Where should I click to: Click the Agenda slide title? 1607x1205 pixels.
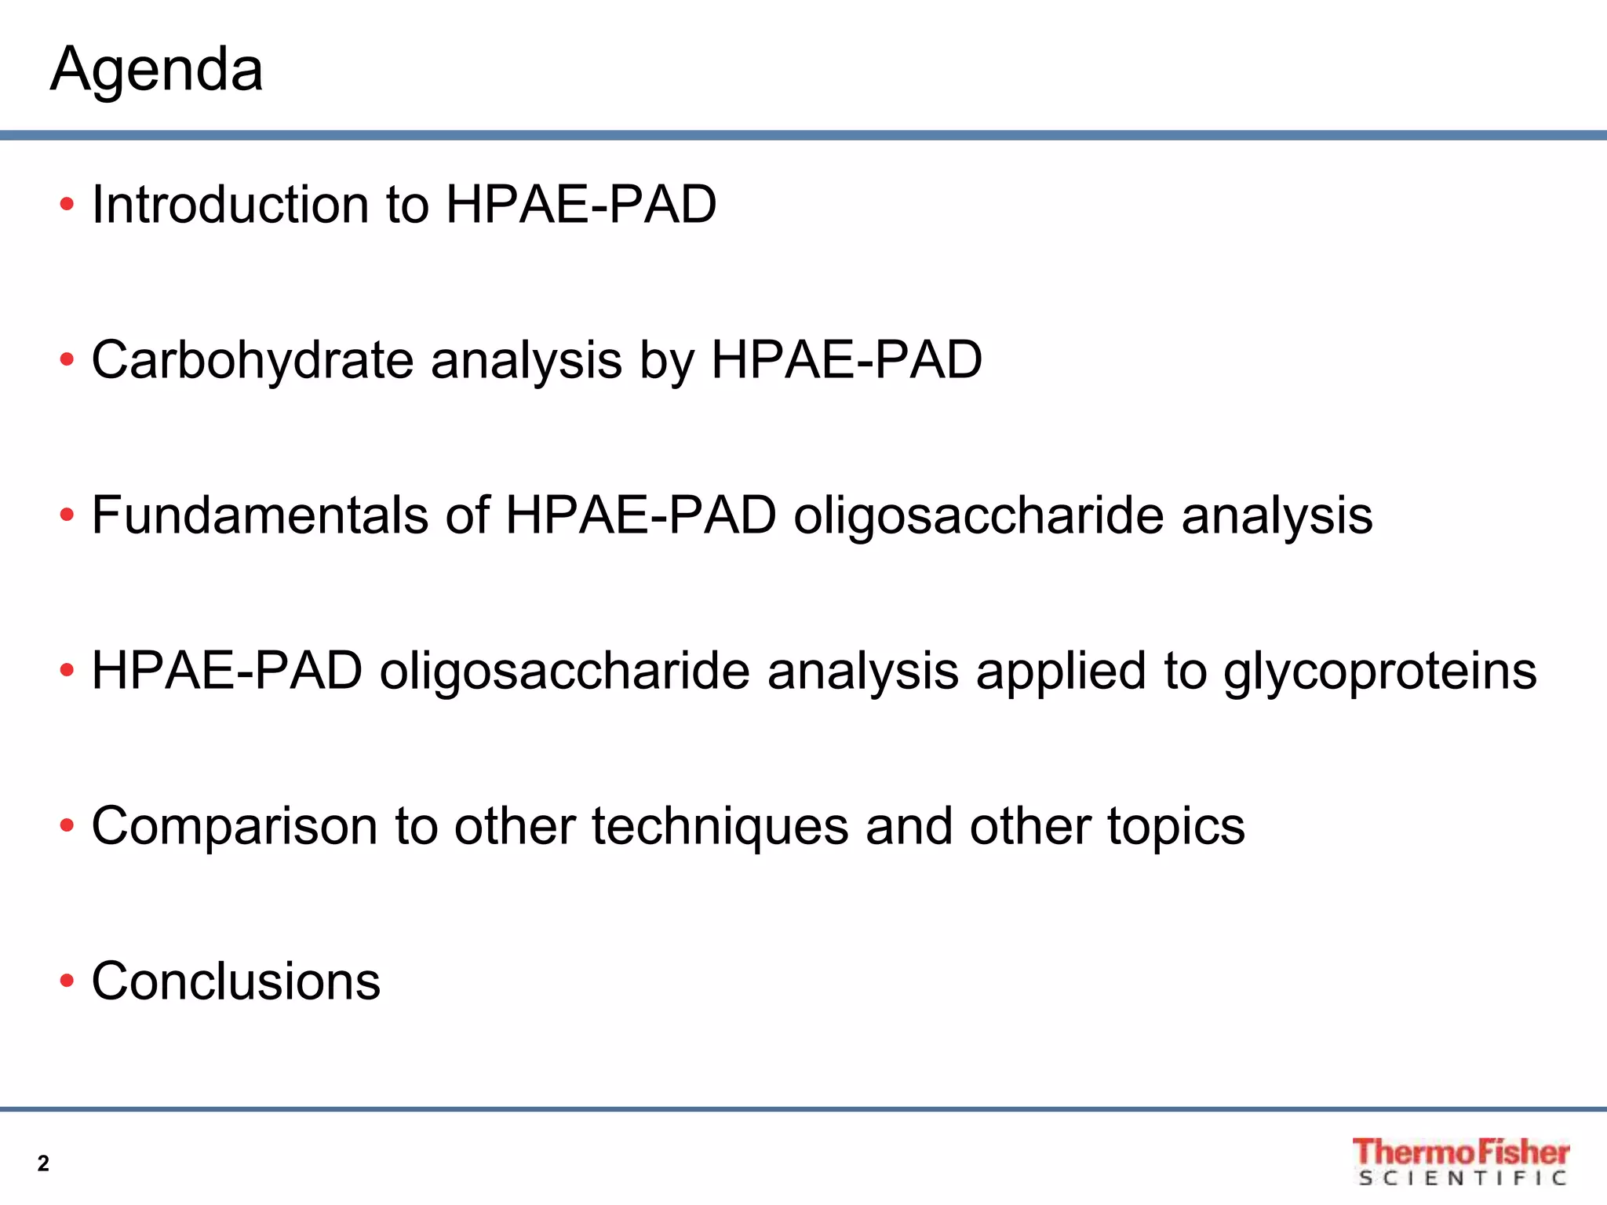pos(157,71)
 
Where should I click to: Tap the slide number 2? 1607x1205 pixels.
pos(43,1163)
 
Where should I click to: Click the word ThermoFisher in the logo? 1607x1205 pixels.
pos(1460,1152)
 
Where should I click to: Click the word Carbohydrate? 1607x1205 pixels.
pos(252,361)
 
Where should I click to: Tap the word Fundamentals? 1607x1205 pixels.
pos(260,515)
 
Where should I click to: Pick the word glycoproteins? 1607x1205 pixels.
pos(1379,672)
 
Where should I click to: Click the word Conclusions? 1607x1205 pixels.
pos(235,981)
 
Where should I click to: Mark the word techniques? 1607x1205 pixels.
pos(720,826)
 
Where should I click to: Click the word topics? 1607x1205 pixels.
pos(1176,826)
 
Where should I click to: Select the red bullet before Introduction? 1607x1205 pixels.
pos(67,206)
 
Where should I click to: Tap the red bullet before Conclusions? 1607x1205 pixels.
pos(67,981)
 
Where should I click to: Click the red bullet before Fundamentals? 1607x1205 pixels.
pos(67,515)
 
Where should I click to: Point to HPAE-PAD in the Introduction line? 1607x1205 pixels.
pos(581,205)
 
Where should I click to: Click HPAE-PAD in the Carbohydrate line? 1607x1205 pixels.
pos(846,361)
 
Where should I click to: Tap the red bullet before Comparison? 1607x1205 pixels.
pos(67,826)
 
